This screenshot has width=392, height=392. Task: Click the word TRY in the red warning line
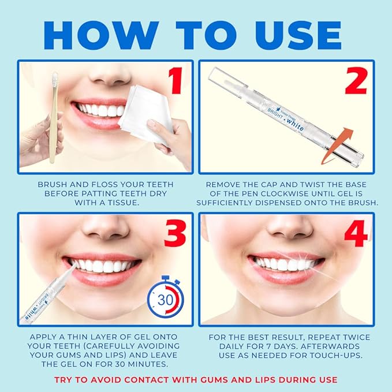coord(64,379)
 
